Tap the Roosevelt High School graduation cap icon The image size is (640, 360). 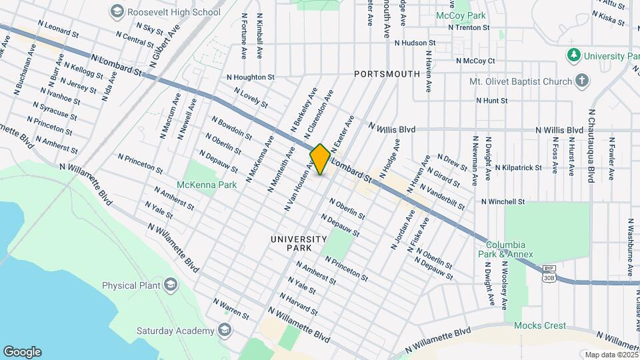tap(117, 11)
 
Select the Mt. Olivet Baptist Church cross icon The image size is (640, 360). tap(582, 81)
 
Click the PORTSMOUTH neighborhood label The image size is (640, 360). tap(387, 74)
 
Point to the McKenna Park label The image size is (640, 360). tap(198, 185)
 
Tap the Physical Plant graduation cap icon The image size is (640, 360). tap(171, 285)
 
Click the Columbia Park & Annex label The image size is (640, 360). tap(505, 249)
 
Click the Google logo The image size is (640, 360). tap(22, 351)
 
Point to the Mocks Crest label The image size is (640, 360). tap(540, 326)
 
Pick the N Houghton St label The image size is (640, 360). tap(250, 77)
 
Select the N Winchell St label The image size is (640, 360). tap(503, 201)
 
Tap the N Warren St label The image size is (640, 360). tap(231, 308)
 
